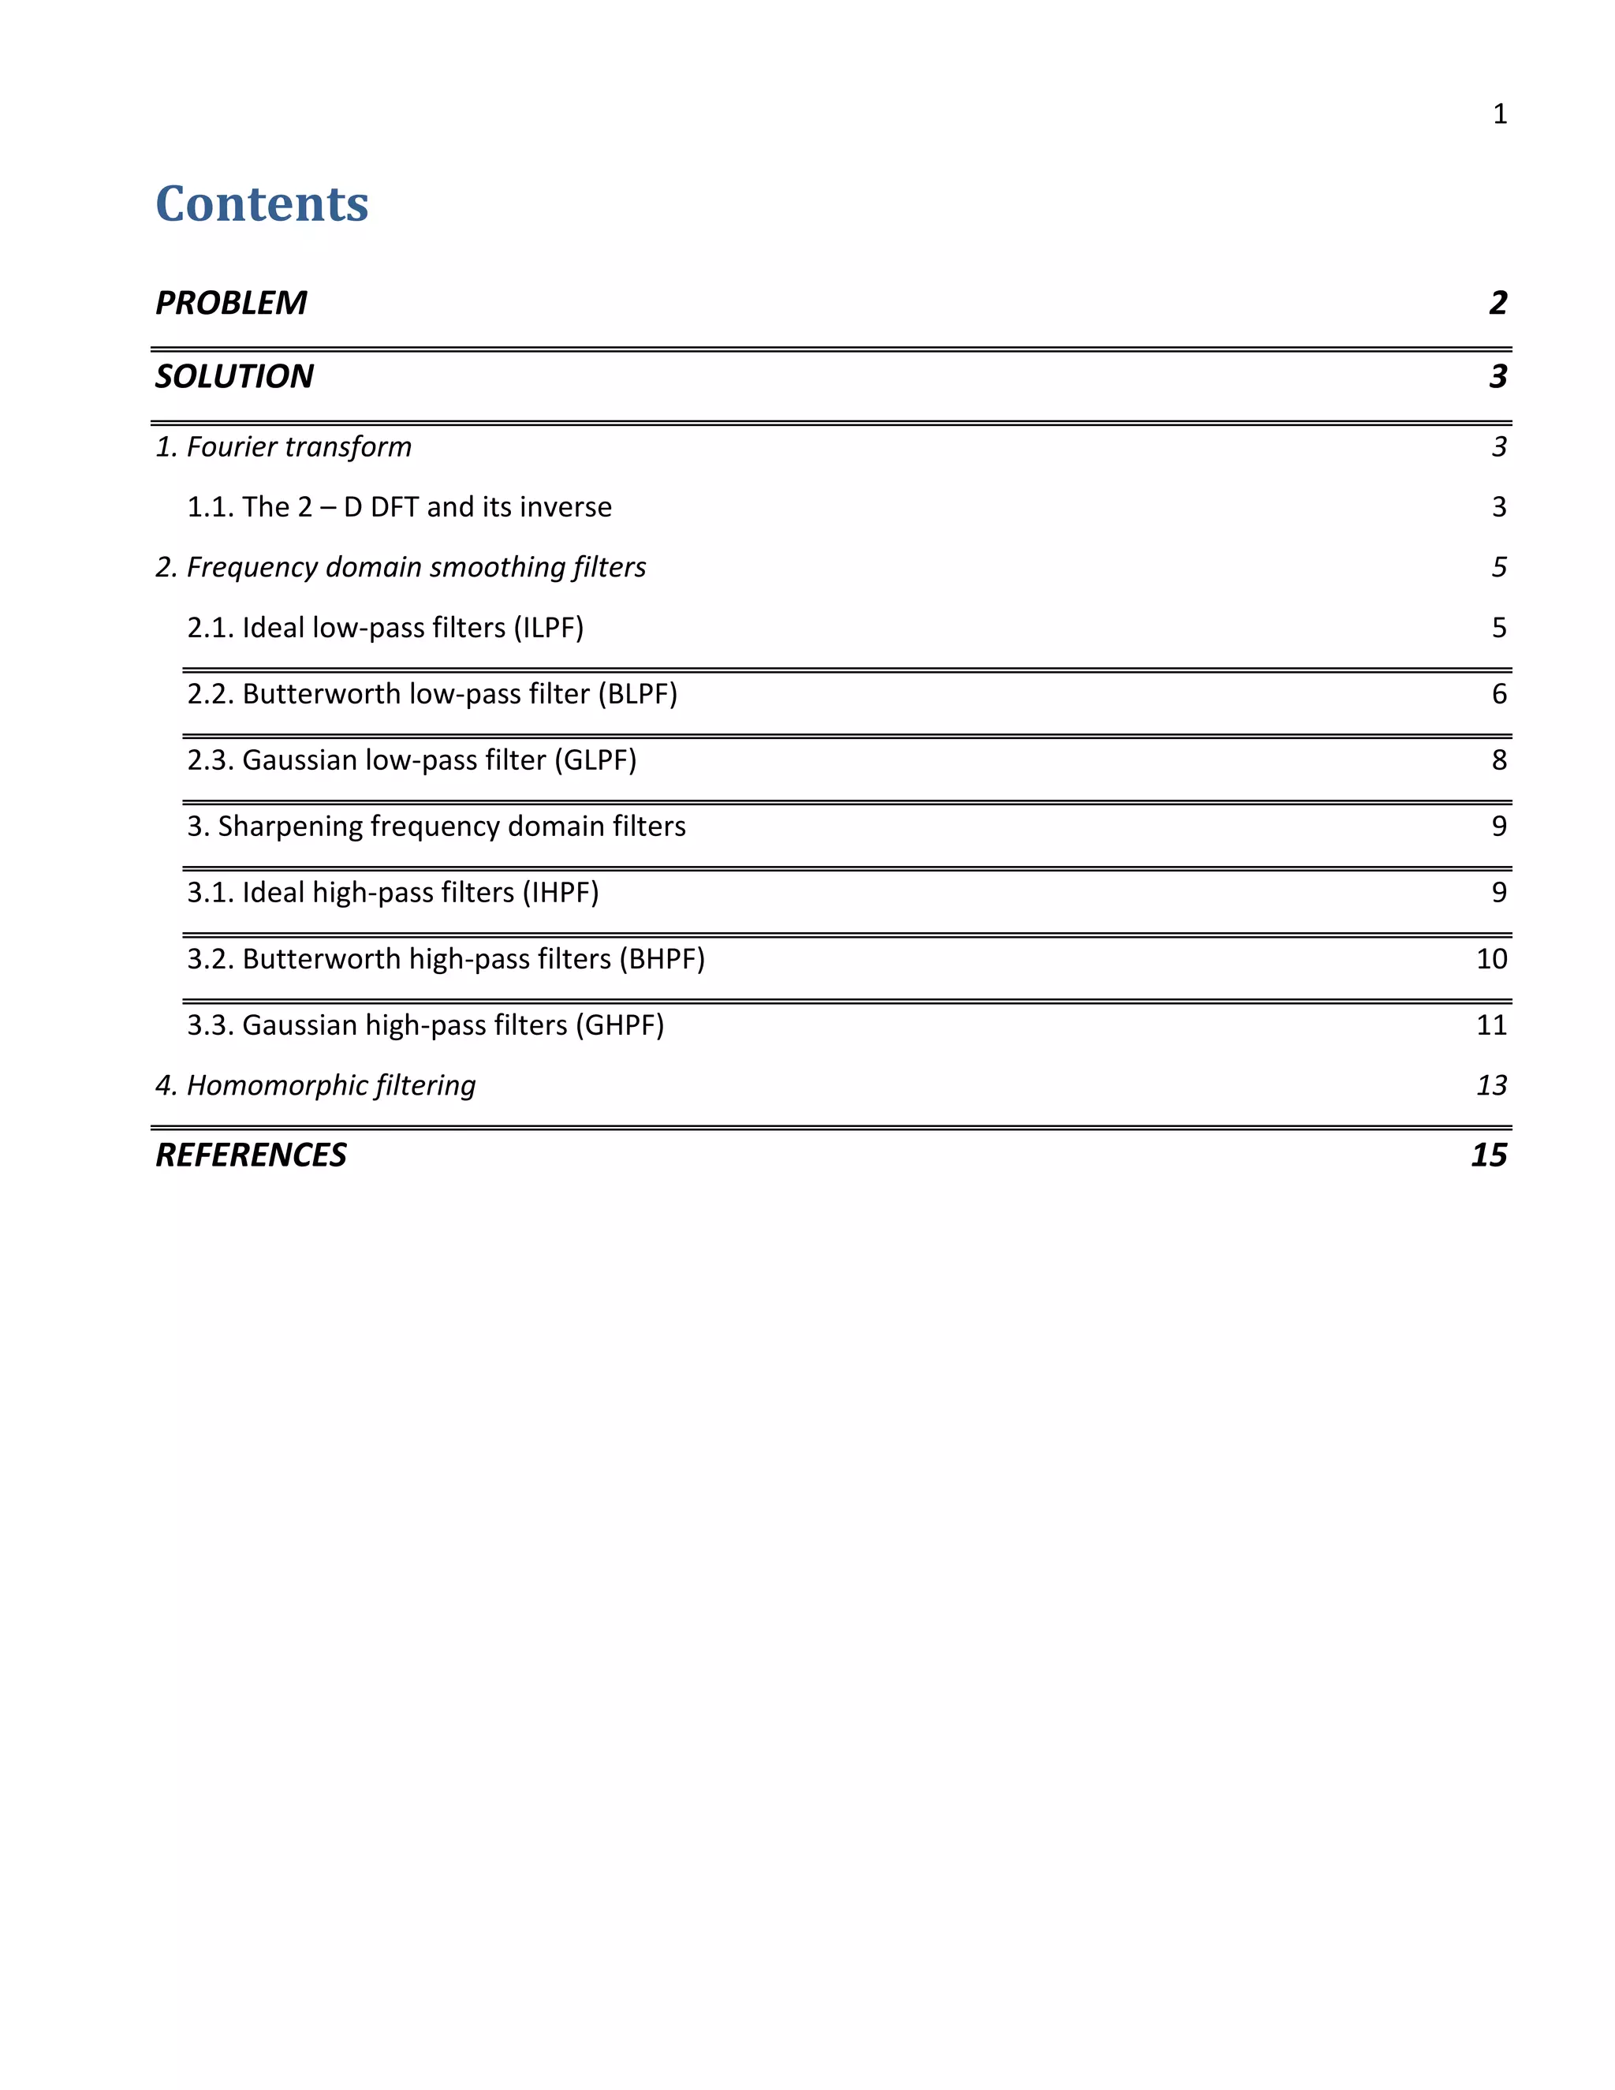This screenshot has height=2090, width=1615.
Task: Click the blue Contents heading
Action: (261, 203)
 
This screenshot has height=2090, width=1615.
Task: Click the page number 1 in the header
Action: (1499, 114)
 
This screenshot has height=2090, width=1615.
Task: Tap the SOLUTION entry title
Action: (234, 376)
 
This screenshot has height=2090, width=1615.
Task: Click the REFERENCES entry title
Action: (251, 1155)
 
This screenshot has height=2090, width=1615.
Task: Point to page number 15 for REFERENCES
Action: (1489, 1155)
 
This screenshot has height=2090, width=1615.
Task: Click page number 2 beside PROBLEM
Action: (1498, 302)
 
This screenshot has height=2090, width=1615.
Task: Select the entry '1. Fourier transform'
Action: (283, 447)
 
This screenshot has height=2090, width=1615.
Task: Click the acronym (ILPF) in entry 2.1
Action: (548, 628)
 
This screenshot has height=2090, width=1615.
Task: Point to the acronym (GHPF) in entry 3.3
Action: (619, 1025)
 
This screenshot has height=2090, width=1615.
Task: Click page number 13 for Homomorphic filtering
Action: (1491, 1085)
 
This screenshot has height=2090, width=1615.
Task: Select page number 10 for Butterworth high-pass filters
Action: (1491, 959)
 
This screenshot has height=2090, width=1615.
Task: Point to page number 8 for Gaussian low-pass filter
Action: (1499, 759)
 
